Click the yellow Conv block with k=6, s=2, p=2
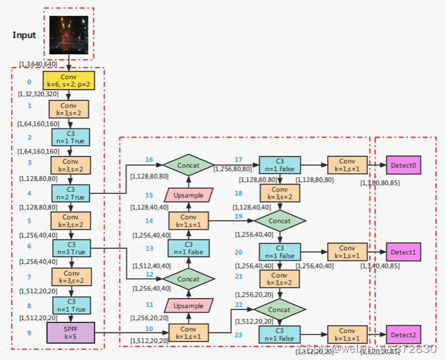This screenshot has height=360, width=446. (x=70, y=81)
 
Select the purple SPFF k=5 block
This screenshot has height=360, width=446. (x=70, y=331)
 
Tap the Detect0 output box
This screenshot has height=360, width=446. (x=403, y=165)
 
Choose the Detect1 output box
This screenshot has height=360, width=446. (x=403, y=252)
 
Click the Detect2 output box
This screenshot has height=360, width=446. (x=403, y=335)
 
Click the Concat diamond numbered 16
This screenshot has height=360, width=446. (x=189, y=165)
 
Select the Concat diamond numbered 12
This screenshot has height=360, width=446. (x=189, y=279)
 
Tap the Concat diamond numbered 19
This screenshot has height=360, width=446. (x=280, y=220)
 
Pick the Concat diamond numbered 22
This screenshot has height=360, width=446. (x=280, y=310)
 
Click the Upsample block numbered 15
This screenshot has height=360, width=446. (x=189, y=195)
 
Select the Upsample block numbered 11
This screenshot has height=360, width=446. (x=189, y=305)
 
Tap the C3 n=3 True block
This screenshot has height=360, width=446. (x=70, y=248)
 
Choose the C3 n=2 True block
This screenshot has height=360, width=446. (x=70, y=193)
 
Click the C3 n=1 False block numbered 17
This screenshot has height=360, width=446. (x=280, y=165)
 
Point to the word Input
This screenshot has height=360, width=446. (x=24, y=35)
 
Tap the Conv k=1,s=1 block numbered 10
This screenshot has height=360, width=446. (x=189, y=332)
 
